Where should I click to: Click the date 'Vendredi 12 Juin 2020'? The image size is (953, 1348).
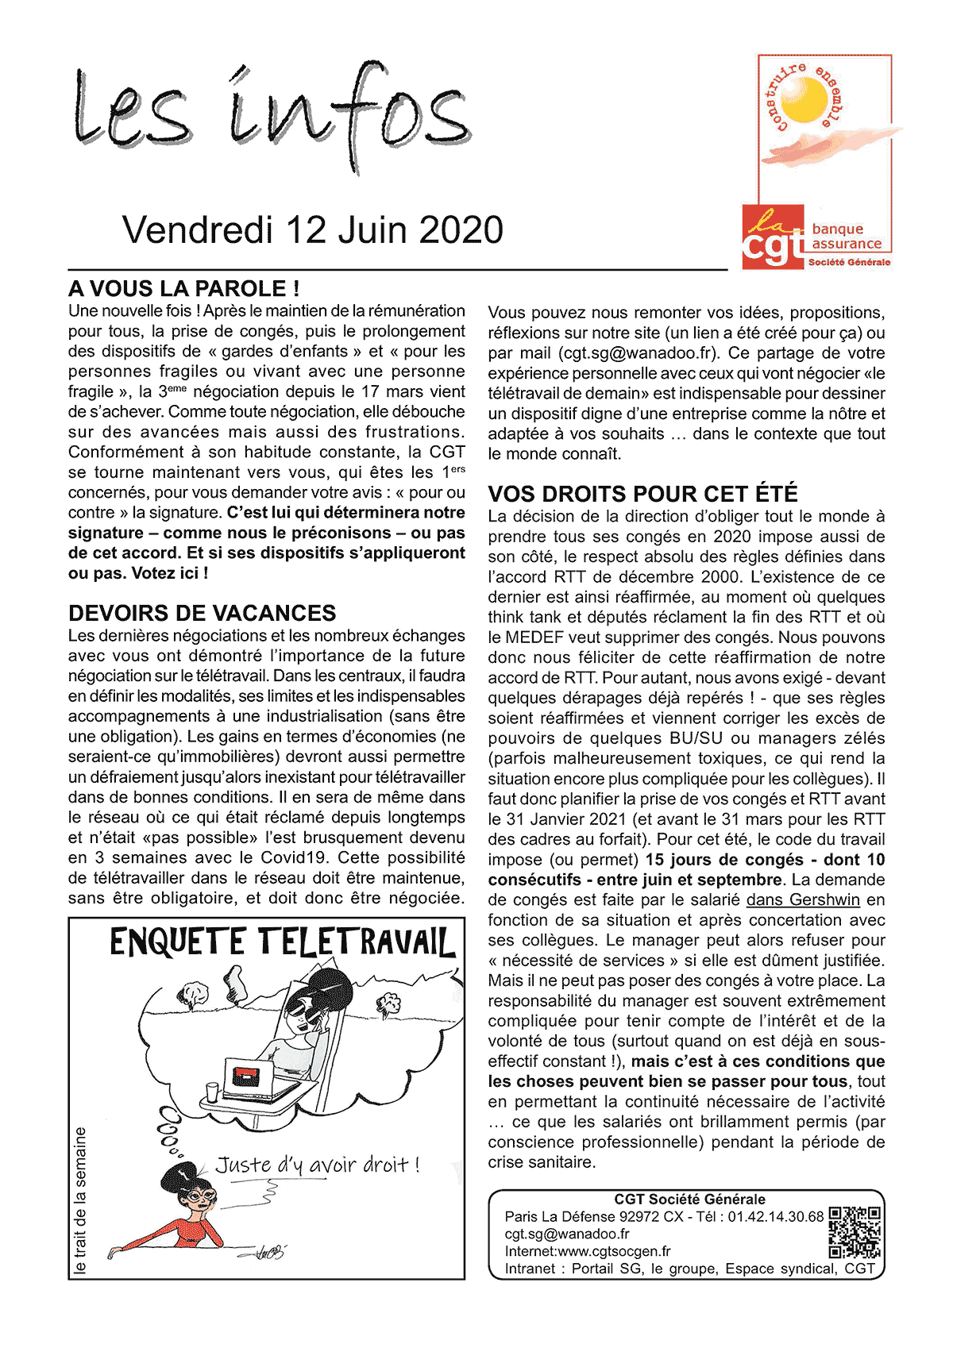pyautogui.click(x=313, y=230)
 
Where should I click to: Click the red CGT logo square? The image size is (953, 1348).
pyautogui.click(x=773, y=237)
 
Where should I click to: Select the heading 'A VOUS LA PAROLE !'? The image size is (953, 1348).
pyautogui.click(x=184, y=288)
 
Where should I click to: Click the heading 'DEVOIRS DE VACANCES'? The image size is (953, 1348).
pyautogui.click(x=203, y=613)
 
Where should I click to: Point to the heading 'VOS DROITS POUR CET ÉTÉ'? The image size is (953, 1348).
pyautogui.click(x=642, y=494)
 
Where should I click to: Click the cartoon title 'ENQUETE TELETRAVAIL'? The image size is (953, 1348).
pyautogui.click(x=282, y=943)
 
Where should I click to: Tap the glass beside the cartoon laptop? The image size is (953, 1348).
pyautogui.click(x=212, y=1091)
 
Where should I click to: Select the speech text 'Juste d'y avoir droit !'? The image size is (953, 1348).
pyautogui.click(x=317, y=1165)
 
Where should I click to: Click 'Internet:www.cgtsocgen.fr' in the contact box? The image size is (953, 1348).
pyautogui.click(x=588, y=1251)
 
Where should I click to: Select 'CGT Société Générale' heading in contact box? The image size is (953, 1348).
pyautogui.click(x=689, y=1200)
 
